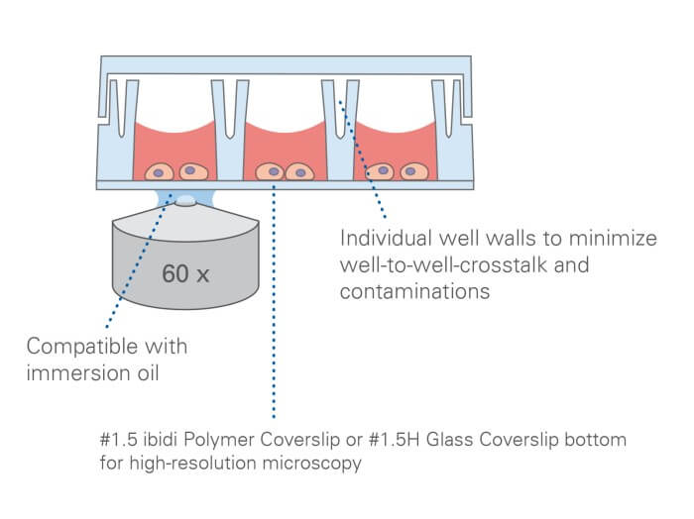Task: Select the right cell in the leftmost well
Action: (x=188, y=170)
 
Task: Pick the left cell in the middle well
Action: (x=269, y=172)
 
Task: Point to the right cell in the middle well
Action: (x=297, y=172)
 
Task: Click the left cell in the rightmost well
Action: (x=380, y=171)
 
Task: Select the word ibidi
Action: (x=155, y=438)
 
